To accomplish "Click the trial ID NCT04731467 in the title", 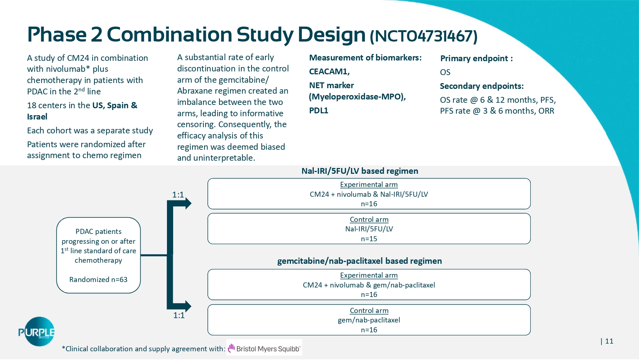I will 424,36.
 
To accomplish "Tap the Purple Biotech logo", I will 36,332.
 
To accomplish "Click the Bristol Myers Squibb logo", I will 264,348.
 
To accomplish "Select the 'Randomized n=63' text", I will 98,279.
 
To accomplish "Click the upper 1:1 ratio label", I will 178,195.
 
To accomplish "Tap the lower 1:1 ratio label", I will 179,315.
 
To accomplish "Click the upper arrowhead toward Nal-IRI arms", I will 187,203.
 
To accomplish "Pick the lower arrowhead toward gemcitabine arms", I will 187,306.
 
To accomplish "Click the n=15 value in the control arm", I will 369,239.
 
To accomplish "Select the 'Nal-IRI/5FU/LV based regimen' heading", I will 360,171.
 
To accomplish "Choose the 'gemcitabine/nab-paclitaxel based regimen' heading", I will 359,261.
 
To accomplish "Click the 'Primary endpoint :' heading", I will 476,58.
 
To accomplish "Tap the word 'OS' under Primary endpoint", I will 445,72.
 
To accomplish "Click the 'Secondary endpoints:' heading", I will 482,86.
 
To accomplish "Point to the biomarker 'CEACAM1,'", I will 329,71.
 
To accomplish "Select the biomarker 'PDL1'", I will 319,110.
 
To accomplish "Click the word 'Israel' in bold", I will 37,117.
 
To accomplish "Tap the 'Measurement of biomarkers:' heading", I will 365,58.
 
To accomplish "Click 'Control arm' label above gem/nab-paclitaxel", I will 369,310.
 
